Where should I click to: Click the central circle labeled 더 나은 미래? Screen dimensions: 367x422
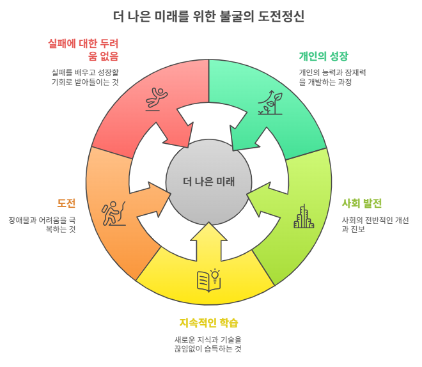pos(209,181)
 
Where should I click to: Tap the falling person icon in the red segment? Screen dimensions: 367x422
pos(156,99)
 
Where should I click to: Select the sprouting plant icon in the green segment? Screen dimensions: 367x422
pos(269,102)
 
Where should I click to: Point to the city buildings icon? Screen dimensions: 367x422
pos(304,217)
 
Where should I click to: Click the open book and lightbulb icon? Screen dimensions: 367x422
pos(208,279)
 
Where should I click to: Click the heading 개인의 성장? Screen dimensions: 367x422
pos(324,56)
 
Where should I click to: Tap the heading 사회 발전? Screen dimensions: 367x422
pos(362,203)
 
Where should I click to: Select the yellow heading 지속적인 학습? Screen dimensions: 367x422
pos(209,322)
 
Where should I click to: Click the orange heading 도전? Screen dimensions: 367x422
pos(66,203)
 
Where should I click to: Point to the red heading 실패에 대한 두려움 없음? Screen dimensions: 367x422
pos(84,50)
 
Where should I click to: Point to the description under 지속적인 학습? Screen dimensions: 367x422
pos(208,344)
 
